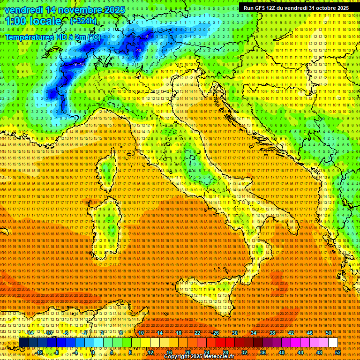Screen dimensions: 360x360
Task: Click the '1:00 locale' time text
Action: pyautogui.click(x=33, y=21)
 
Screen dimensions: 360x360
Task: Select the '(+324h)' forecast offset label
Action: pyautogui.click(x=83, y=21)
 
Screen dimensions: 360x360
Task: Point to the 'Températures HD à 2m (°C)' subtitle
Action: pyautogui.click(x=52, y=37)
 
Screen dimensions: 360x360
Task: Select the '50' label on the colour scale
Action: pyautogui.click(x=328, y=333)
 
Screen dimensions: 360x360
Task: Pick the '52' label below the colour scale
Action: pyautogui.click(x=337, y=352)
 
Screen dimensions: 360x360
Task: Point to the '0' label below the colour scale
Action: pyautogui.click(x=93, y=352)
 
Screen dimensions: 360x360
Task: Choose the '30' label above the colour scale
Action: pyautogui.click(x=235, y=333)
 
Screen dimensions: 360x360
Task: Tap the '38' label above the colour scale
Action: pyautogui.click(x=272, y=333)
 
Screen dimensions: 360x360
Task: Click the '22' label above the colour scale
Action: pyautogui.click(x=197, y=333)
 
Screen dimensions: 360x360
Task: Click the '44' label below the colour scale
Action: pyautogui.click(x=300, y=352)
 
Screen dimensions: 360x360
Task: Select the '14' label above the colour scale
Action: pyautogui.click(x=160, y=333)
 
